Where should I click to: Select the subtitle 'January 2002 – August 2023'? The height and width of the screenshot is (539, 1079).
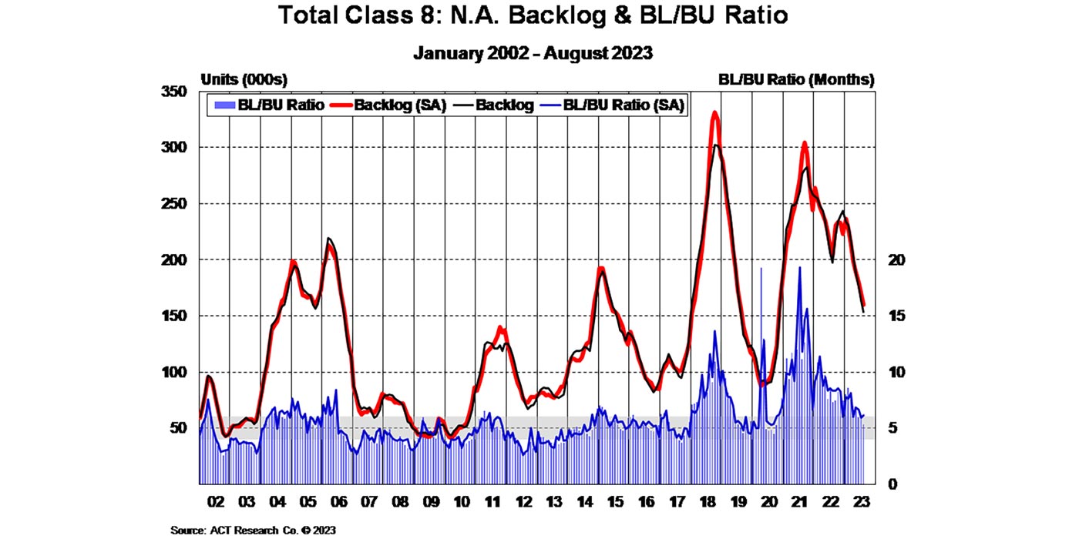pos(534,53)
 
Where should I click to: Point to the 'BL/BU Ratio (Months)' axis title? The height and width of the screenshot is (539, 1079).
pos(796,79)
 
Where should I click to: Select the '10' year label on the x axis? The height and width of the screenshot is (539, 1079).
pos(461,503)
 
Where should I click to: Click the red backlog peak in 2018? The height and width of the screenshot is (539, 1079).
pos(715,114)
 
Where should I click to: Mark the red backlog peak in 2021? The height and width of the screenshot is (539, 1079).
pos(805,143)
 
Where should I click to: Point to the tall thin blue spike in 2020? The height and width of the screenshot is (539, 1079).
pos(761,269)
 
